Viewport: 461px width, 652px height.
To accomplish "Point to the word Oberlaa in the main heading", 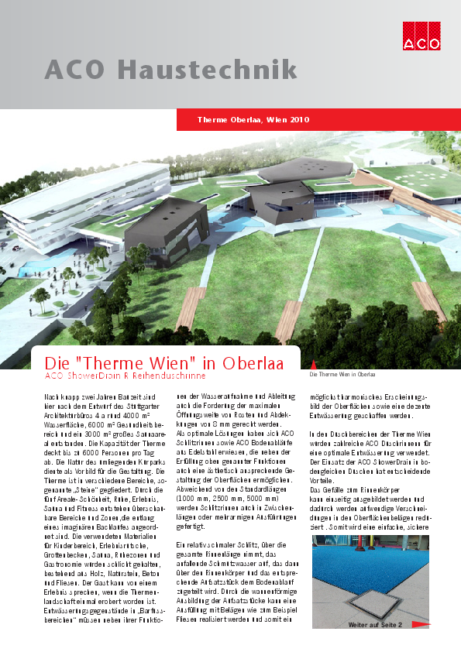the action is click(x=253, y=363).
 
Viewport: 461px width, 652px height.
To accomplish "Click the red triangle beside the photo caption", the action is click(x=313, y=364).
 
